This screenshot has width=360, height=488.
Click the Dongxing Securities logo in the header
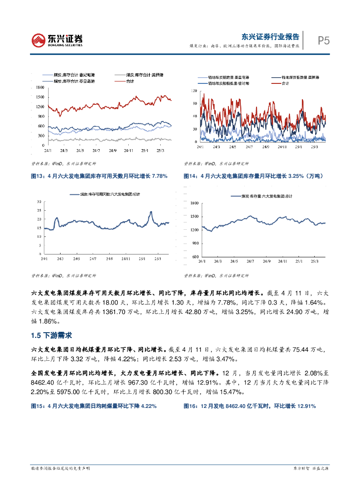click(x=57, y=40)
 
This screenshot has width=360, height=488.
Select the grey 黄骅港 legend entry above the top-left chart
click(x=138, y=75)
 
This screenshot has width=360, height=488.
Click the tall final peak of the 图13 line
click(x=151, y=212)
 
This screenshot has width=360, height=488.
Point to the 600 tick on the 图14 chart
click(x=194, y=257)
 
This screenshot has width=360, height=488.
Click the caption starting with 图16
click(x=250, y=406)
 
